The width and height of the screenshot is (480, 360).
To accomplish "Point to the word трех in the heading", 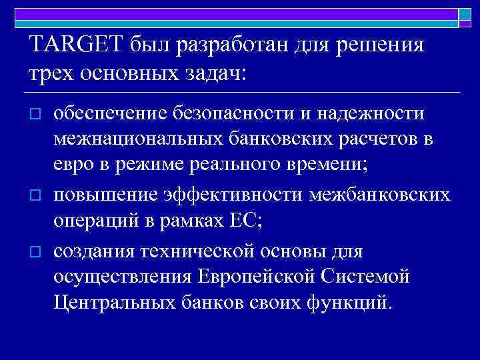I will coord(53,73).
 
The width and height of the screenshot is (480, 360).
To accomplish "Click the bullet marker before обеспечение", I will coord(37,115).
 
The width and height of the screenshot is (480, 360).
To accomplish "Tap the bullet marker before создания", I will coord(37,251).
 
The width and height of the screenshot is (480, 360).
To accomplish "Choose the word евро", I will coord(75,167).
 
